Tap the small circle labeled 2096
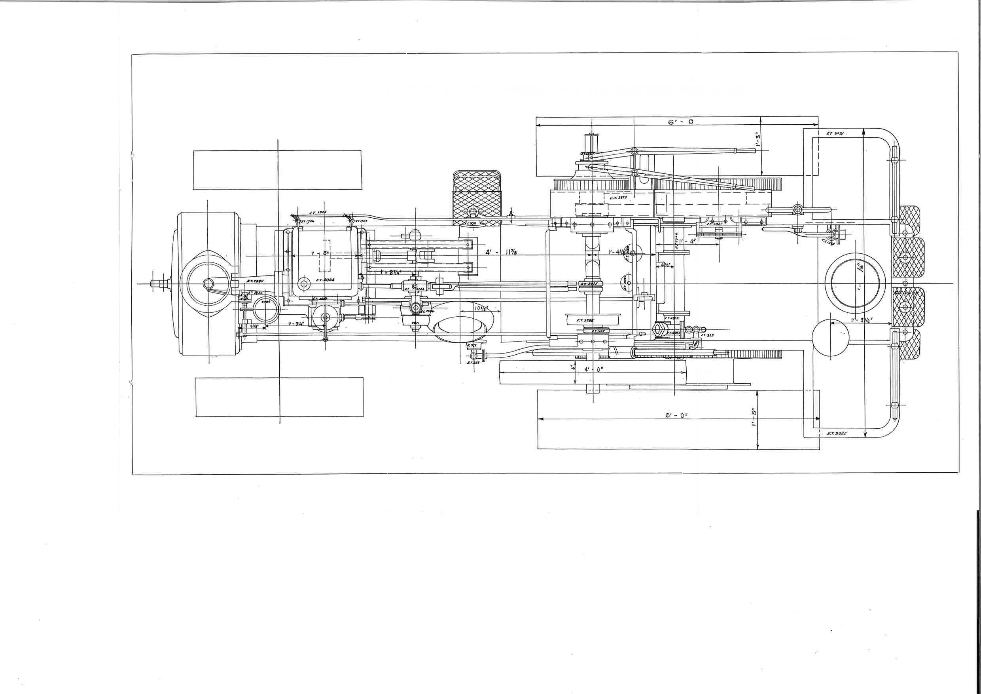click(266, 301)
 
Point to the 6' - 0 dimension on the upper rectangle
click(680, 122)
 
